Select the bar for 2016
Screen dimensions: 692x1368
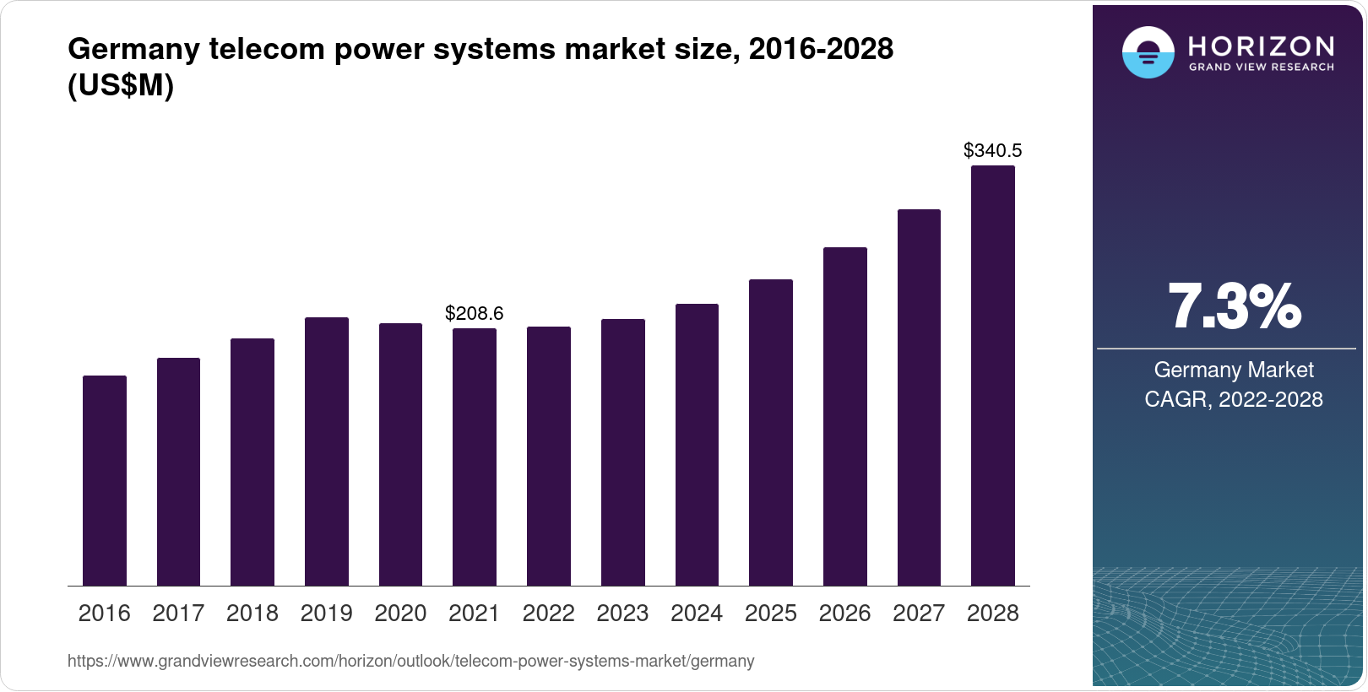click(105, 481)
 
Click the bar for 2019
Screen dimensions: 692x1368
click(327, 451)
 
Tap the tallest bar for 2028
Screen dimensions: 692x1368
click(992, 376)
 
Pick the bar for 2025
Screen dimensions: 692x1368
click(771, 432)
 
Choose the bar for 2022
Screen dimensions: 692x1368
click(549, 456)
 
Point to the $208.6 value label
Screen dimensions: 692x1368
click(474, 314)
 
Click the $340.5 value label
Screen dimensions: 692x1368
click(992, 151)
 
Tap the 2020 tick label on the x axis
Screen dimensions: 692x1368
click(400, 614)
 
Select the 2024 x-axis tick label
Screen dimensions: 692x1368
click(697, 614)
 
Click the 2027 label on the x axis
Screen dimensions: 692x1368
click(919, 614)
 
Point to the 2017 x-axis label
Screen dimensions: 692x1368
click(178, 614)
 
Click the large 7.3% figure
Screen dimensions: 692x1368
click(1234, 307)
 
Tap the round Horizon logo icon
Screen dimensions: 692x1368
click(1148, 52)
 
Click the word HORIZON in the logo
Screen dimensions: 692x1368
click(1261, 46)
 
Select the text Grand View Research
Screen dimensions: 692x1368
click(1261, 68)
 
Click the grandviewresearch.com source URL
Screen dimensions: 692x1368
click(410, 662)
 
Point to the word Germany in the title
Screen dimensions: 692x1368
click(133, 49)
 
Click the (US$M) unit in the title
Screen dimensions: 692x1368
click(121, 86)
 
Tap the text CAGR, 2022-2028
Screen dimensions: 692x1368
click(1234, 399)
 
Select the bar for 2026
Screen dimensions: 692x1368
click(844, 416)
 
